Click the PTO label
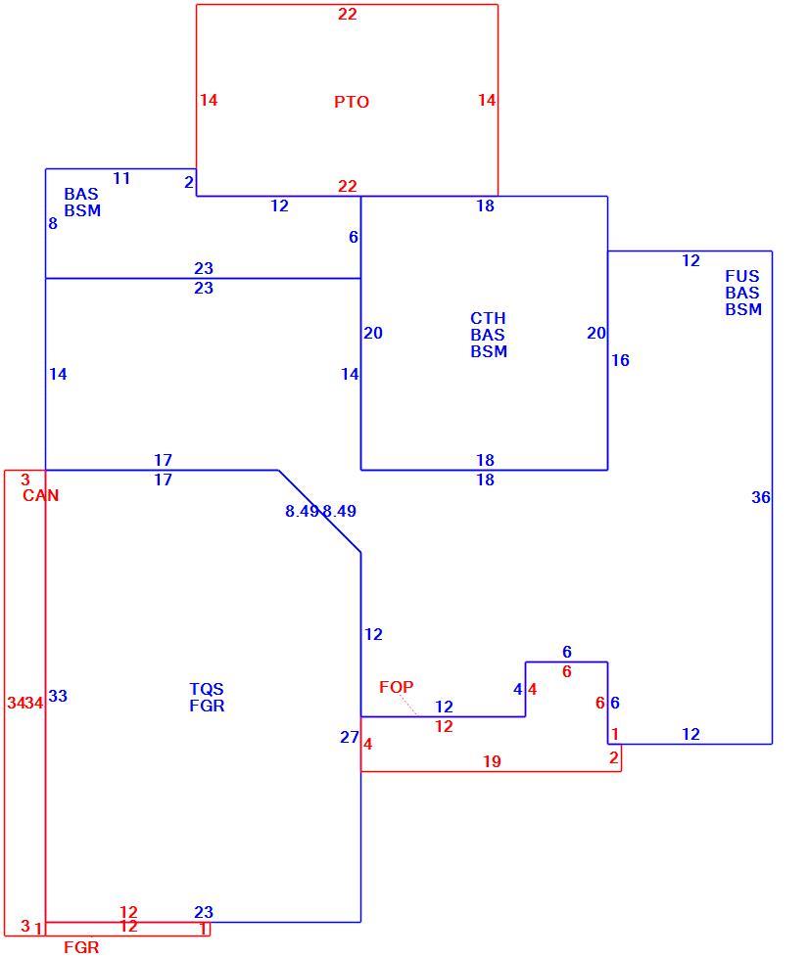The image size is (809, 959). pyautogui.click(x=352, y=102)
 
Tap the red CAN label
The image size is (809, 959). pyautogui.click(x=40, y=495)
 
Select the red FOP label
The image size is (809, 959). pyautogui.click(x=396, y=687)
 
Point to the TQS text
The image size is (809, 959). pyautogui.click(x=207, y=689)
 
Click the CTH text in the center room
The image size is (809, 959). pyautogui.click(x=488, y=318)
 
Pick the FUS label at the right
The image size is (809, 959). pyautogui.click(x=741, y=276)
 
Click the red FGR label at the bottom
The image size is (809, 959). pyautogui.click(x=81, y=947)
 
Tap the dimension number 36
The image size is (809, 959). pyautogui.click(x=761, y=497)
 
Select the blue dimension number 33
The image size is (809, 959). pyautogui.click(x=58, y=696)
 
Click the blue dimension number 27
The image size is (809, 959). pyautogui.click(x=350, y=737)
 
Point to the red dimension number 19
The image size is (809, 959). pyautogui.click(x=492, y=761)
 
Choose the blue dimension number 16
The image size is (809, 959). pyautogui.click(x=620, y=360)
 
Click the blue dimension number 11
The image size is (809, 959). pyautogui.click(x=121, y=178)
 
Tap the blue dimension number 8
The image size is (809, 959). pyautogui.click(x=53, y=224)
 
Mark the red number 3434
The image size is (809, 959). pyautogui.click(x=25, y=703)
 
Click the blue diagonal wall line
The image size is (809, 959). pyautogui.click(x=319, y=511)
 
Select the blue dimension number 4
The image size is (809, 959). pyautogui.click(x=518, y=689)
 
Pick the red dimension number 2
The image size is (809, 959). pyautogui.click(x=614, y=757)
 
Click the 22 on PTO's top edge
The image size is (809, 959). pyautogui.click(x=347, y=14)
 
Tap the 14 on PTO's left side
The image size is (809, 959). pyautogui.click(x=209, y=100)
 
